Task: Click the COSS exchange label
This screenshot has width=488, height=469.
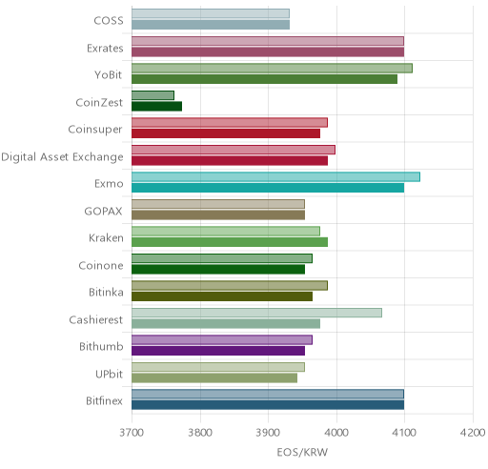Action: (109, 21)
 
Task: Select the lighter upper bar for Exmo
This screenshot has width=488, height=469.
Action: (275, 177)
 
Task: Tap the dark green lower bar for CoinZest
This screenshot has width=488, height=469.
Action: (157, 107)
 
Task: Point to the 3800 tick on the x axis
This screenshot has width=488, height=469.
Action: (200, 433)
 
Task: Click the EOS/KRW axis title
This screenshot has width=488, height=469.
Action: (302, 452)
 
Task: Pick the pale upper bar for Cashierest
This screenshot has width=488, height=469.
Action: (256, 313)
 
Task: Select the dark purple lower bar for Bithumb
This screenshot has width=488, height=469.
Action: (218, 351)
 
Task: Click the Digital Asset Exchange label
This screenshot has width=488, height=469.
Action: (62, 157)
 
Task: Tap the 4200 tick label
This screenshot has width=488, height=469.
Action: (473, 433)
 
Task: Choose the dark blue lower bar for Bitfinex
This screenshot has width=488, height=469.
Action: (268, 405)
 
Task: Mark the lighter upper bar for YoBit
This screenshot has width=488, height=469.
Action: (272, 69)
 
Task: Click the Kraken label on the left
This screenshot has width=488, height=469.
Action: (106, 238)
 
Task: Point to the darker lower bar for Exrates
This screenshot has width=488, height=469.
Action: (268, 52)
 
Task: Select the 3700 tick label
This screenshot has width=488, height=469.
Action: (132, 433)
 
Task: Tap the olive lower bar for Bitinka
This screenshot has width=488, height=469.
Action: (222, 296)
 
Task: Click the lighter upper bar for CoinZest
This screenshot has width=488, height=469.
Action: (152, 95)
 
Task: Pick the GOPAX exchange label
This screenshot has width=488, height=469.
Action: (103, 212)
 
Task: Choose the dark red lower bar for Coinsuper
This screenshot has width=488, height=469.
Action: (226, 133)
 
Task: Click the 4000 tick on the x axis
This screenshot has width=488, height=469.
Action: (336, 433)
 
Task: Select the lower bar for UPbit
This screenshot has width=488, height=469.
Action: (214, 378)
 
